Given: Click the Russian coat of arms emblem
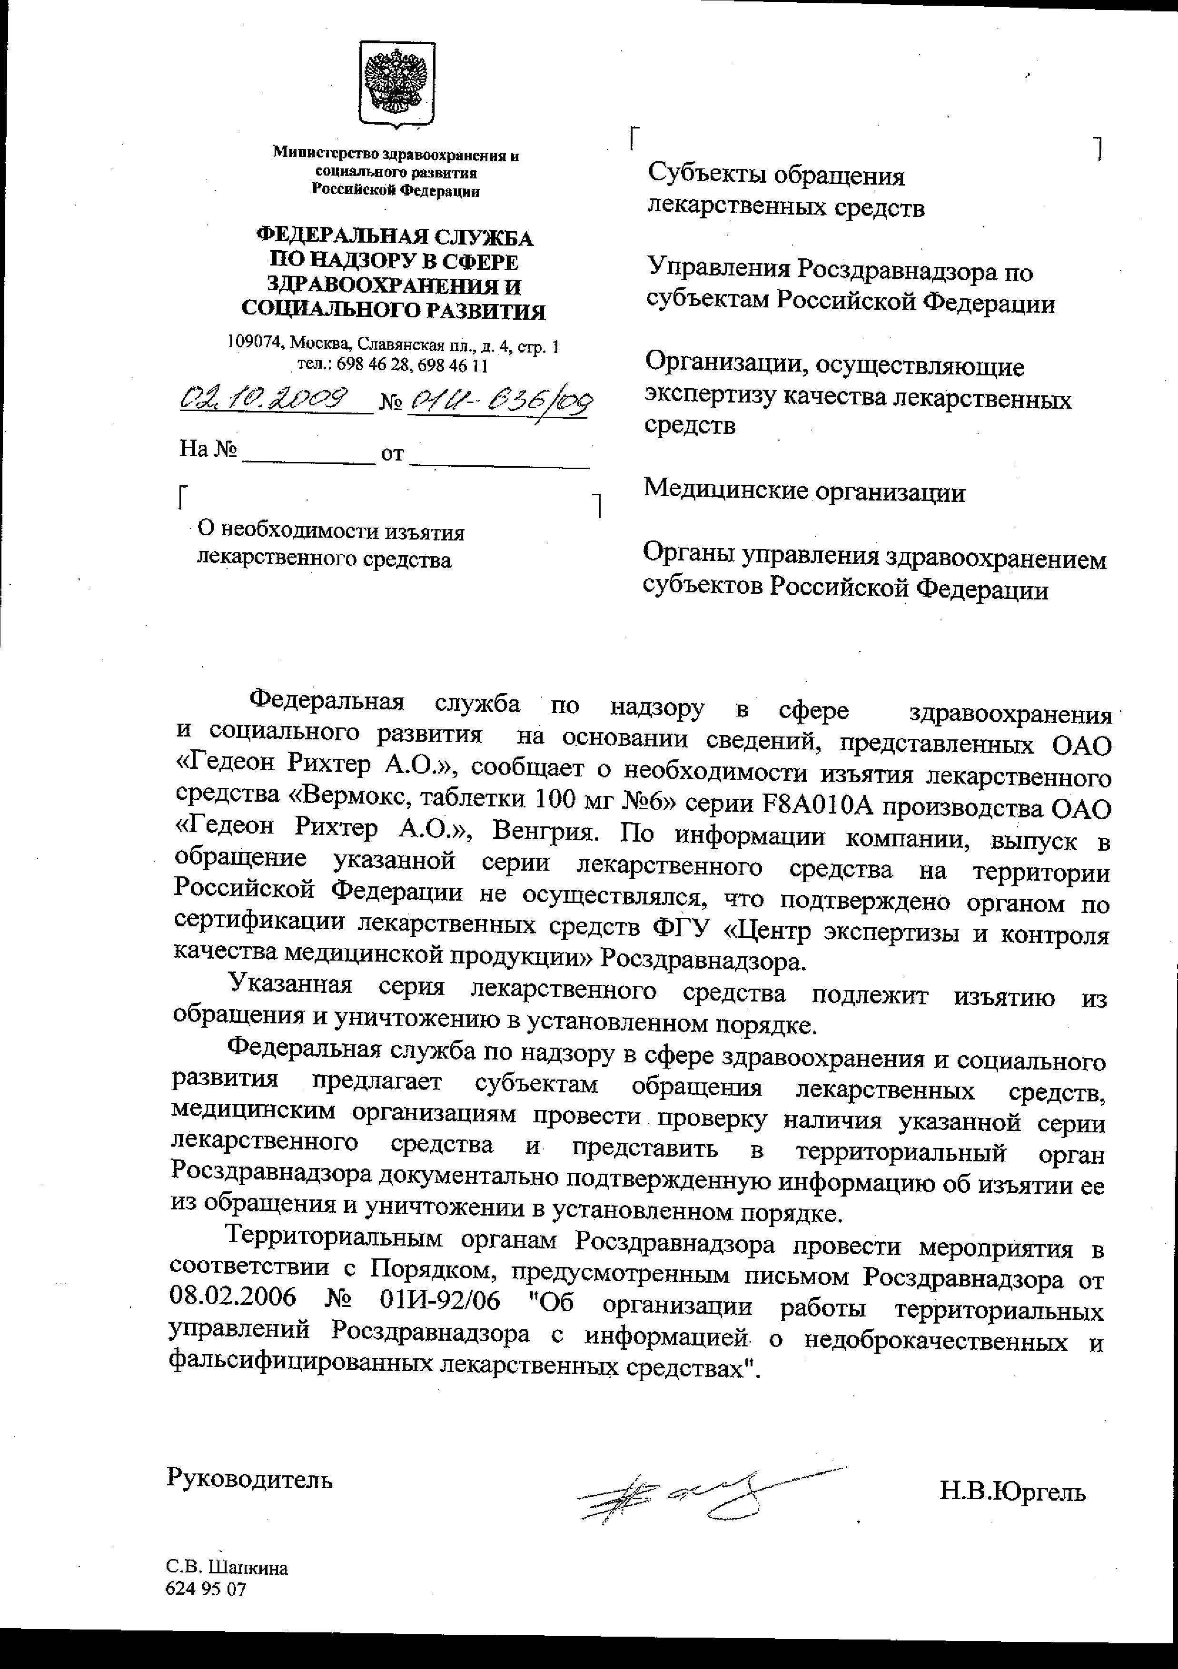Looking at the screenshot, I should click(x=396, y=85).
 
